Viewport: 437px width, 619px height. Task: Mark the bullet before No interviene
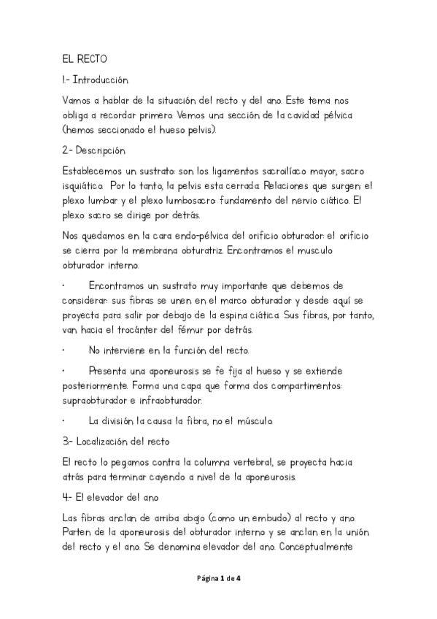point(64,350)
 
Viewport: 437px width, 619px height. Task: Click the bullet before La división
point(64,421)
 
